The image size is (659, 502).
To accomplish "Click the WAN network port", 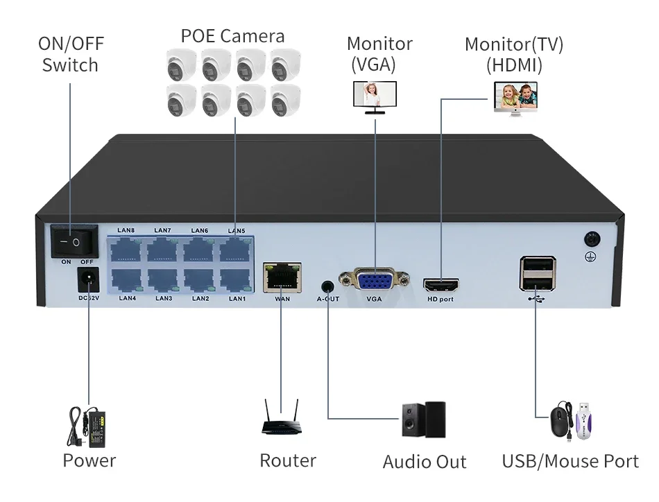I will tap(282, 278).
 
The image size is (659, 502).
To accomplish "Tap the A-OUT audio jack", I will tap(327, 285).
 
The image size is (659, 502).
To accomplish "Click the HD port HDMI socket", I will tap(441, 285).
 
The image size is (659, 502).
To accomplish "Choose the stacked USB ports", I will tap(537, 275).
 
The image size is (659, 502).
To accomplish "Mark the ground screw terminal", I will tap(592, 239).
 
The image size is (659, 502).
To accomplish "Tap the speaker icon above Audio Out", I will tap(424, 419).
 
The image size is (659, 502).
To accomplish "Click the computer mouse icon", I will tap(560, 422).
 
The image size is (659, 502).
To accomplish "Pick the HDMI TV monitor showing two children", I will tap(516, 98).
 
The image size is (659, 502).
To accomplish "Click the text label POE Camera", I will tap(232, 35).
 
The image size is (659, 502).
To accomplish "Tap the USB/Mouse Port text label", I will tap(570, 461).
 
